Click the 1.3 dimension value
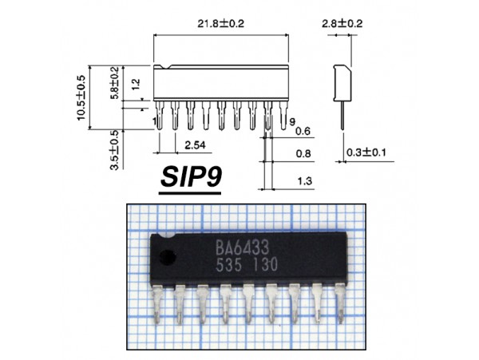tap(303, 182)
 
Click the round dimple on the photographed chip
tap(168, 257)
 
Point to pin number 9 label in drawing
tap(292, 120)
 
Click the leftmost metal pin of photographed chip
tap(157, 306)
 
